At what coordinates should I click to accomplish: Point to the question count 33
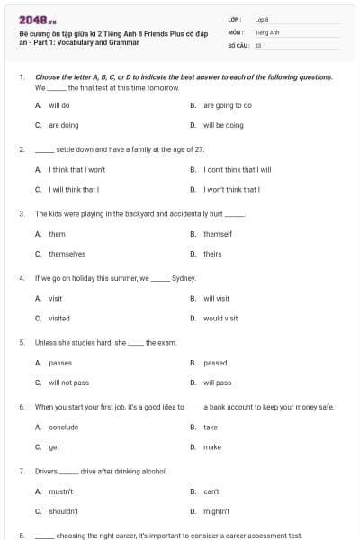258,44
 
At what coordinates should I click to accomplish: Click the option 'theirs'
212,254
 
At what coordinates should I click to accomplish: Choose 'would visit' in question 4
220,318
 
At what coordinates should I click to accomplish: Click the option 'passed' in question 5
215,363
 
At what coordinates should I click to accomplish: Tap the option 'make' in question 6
212,447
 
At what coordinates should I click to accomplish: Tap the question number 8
22,535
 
